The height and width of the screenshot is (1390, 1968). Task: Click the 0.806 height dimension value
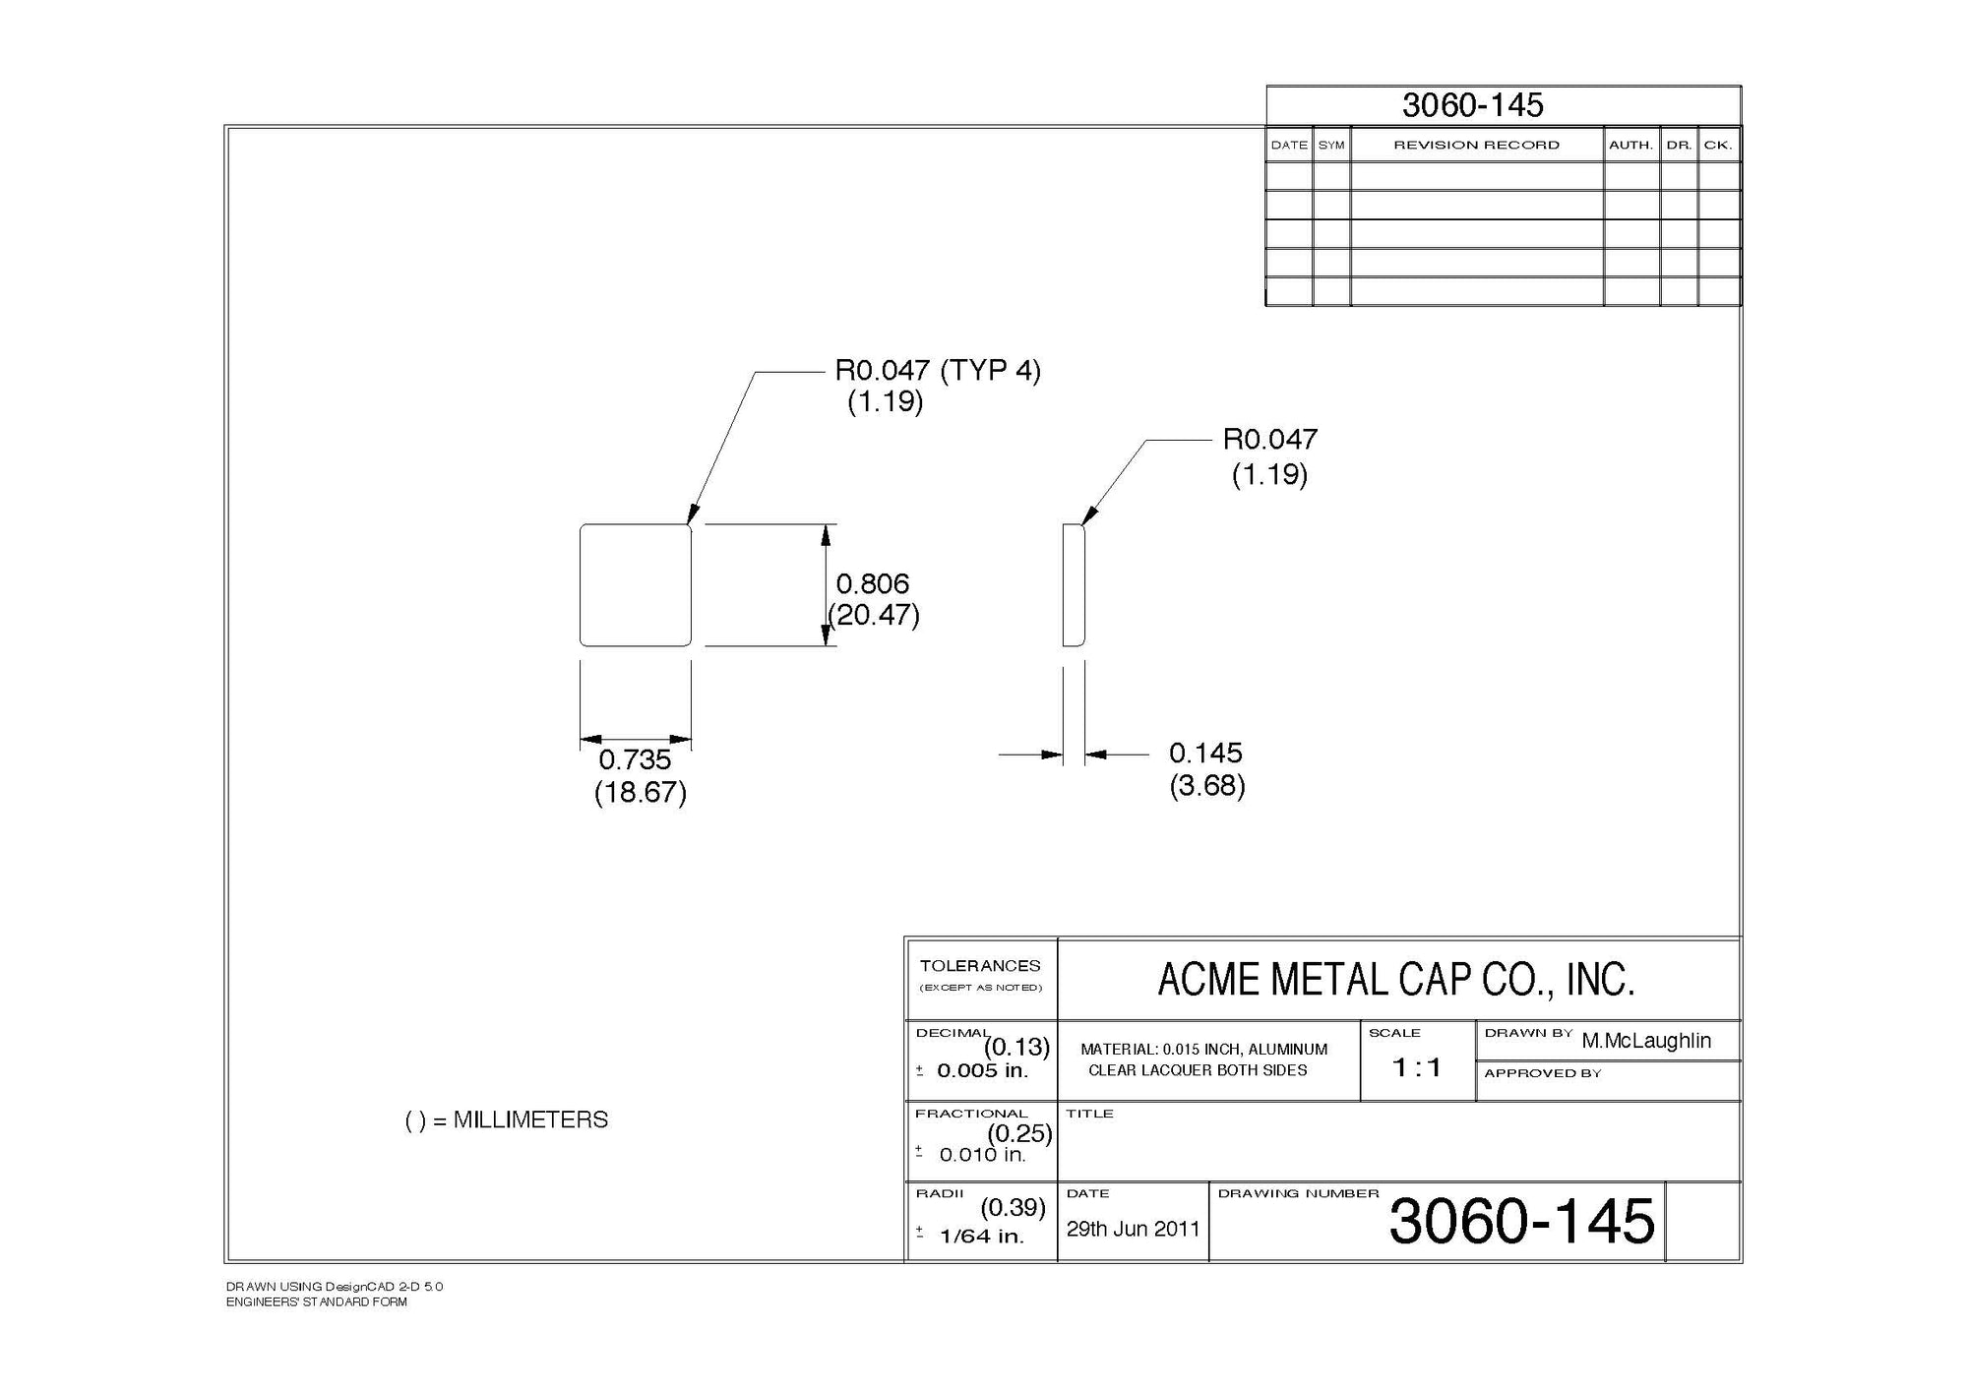(872, 583)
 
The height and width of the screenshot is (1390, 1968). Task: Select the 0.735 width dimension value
(635, 759)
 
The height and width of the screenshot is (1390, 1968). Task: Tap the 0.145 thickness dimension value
(1205, 753)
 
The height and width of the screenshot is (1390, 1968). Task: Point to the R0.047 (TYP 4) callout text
(937, 371)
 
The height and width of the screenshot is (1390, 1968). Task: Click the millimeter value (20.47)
(874, 616)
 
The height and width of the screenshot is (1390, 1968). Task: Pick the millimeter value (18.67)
(640, 792)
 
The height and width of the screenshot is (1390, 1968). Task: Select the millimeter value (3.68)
(1207, 786)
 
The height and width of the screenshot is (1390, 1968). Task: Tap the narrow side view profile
(1074, 585)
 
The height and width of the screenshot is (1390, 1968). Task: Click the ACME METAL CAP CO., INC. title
(1395, 980)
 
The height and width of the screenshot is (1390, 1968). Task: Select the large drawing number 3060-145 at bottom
(1521, 1222)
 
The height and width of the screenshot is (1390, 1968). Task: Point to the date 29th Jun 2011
(1133, 1229)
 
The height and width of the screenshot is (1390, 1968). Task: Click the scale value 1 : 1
(1417, 1067)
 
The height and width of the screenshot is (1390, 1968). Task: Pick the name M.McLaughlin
(1646, 1041)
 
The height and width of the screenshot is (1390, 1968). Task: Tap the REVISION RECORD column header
(1476, 146)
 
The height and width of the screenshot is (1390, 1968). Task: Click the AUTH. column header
(1630, 146)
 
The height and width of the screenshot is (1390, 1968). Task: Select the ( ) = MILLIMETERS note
(507, 1120)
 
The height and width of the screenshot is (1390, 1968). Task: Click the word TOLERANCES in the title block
(980, 966)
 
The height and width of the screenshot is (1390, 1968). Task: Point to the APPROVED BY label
(1542, 1073)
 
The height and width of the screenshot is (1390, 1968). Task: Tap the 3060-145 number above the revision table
(1472, 105)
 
